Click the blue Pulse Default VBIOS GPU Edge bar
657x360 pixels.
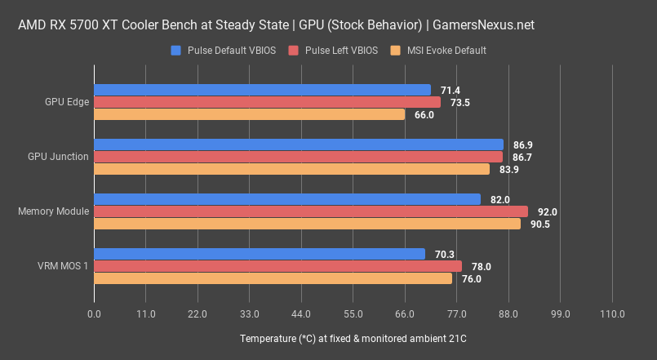click(262, 90)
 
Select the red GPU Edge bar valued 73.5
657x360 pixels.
click(267, 102)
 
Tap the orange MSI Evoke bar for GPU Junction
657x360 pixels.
click(291, 169)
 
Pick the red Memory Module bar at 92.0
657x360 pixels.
click(311, 211)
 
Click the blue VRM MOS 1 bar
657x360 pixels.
click(260, 254)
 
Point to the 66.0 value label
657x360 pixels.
click(424, 115)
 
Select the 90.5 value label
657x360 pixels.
click(540, 224)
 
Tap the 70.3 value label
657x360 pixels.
click(445, 254)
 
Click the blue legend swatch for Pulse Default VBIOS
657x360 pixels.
click(175, 51)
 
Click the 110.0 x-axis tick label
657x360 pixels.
click(611, 314)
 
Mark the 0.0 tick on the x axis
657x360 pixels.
click(95, 314)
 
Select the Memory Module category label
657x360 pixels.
click(53, 211)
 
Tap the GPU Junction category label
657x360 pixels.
click(58, 157)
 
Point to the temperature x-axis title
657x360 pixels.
click(353, 339)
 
